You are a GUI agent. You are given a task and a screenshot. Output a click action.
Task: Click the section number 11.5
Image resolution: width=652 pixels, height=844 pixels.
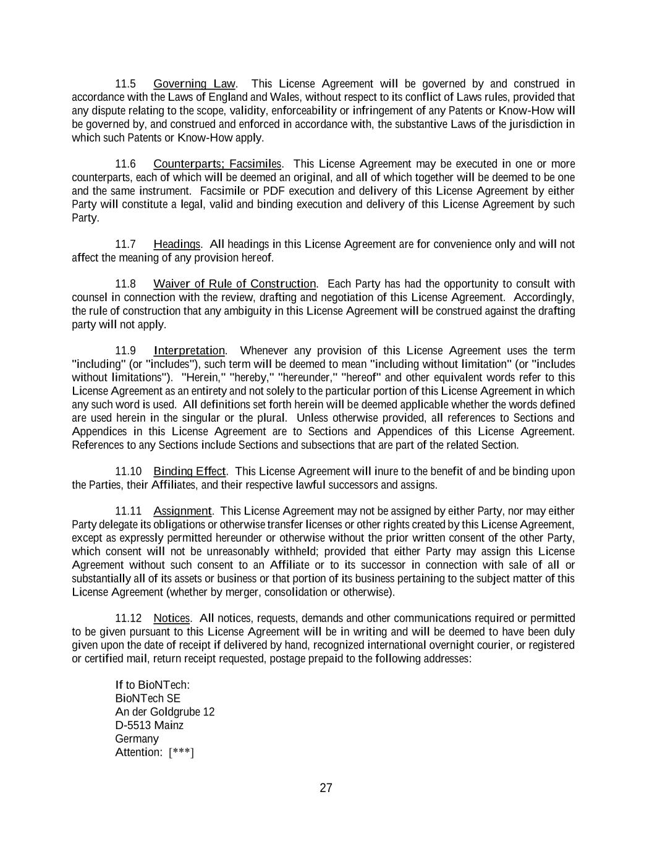coord(125,83)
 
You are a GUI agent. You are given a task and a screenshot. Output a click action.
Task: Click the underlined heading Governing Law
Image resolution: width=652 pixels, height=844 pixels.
coord(194,83)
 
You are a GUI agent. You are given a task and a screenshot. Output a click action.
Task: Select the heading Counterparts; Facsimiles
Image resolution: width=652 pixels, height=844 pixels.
coord(217,164)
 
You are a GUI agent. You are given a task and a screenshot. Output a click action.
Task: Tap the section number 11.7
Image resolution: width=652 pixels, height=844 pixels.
coord(125,244)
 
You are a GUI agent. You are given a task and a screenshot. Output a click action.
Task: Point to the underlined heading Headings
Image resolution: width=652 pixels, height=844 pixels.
coord(177,244)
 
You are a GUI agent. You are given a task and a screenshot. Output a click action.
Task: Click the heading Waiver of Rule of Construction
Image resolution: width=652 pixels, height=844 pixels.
coord(234,284)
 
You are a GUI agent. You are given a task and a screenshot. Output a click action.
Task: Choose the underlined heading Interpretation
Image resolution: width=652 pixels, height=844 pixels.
coord(189,351)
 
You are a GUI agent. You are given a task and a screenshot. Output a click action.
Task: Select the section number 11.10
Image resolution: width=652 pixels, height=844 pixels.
coord(128,471)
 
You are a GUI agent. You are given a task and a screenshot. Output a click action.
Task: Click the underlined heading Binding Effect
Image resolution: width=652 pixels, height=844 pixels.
coord(190,471)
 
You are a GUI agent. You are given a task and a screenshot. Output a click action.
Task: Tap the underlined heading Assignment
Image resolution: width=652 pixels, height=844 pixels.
coord(182,511)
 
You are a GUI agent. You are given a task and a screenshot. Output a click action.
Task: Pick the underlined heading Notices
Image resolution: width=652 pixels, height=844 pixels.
coord(172,618)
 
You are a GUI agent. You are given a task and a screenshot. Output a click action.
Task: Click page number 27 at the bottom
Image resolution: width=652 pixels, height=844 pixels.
coord(326,788)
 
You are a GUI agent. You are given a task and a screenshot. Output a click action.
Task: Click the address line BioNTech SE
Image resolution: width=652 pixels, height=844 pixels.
coord(148,698)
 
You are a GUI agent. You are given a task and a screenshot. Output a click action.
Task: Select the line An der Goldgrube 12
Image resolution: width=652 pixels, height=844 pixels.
coord(164,712)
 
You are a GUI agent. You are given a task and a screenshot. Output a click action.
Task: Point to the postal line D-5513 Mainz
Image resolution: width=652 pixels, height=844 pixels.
coord(149,725)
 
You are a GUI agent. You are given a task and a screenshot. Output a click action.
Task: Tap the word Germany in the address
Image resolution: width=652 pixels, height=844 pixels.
coord(137,739)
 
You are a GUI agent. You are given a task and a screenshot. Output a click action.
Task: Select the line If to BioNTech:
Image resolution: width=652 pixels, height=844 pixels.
coord(152,684)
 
